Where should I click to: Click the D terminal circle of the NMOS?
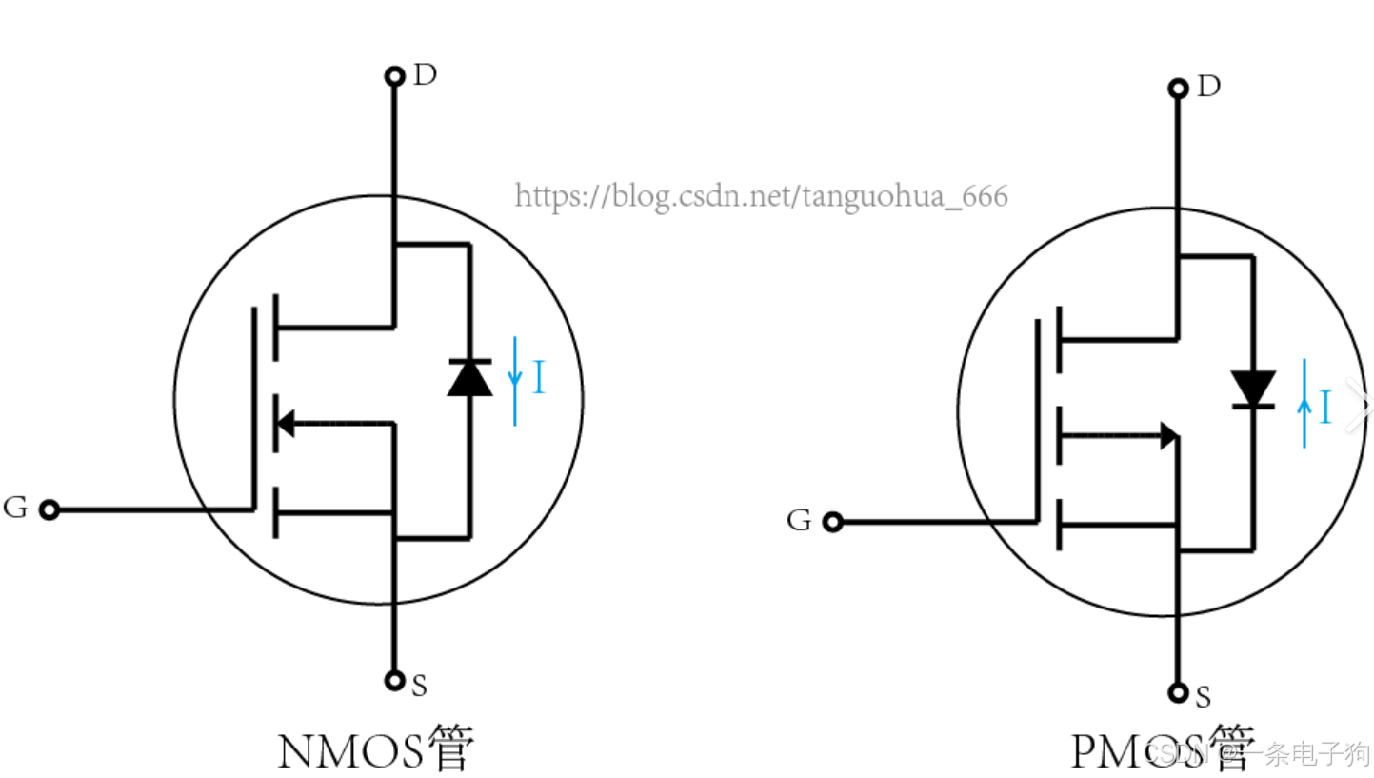click(x=394, y=76)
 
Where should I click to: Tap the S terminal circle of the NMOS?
click(x=394, y=680)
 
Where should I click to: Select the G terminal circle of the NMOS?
click(x=49, y=510)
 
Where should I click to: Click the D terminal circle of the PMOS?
click(x=1178, y=89)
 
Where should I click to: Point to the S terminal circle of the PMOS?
click(x=1178, y=692)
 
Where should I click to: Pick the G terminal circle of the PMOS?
click(x=833, y=522)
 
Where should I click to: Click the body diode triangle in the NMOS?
click(x=469, y=378)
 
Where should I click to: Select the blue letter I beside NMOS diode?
click(x=539, y=378)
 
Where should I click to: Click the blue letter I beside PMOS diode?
click(x=1324, y=408)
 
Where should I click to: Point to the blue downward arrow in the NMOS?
click(x=515, y=379)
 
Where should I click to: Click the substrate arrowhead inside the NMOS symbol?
click(x=286, y=423)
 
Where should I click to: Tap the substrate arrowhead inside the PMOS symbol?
click(x=1167, y=436)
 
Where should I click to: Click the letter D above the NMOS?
click(x=425, y=75)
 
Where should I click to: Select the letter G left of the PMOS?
click(x=799, y=521)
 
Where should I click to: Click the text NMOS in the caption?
click(x=349, y=751)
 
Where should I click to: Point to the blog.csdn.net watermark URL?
click(x=761, y=196)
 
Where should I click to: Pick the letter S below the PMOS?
click(x=1203, y=698)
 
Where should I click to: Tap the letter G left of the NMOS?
click(x=15, y=508)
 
